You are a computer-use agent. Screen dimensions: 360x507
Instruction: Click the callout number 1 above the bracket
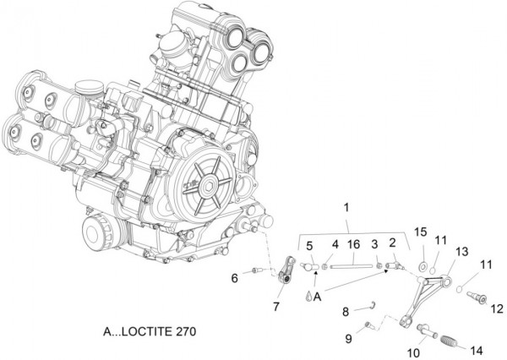coord(346,208)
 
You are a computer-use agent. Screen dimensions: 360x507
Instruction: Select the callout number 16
coord(352,245)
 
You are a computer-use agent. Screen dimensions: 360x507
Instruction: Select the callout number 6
coord(236,277)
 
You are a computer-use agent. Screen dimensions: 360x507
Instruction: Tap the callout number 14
coord(476,350)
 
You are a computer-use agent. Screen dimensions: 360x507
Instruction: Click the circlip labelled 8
coord(373,305)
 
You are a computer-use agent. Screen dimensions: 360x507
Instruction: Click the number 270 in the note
coord(183,331)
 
